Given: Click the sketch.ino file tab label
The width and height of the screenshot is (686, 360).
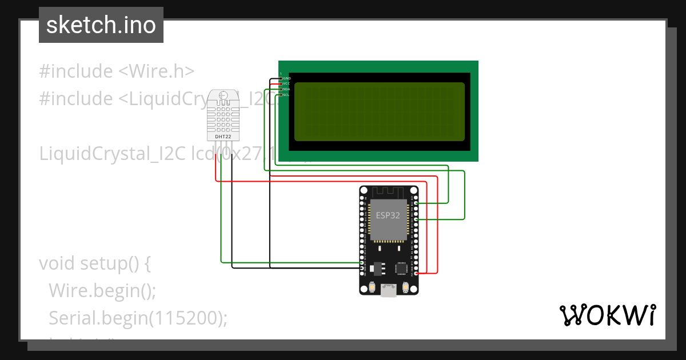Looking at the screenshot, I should pyautogui.click(x=101, y=25).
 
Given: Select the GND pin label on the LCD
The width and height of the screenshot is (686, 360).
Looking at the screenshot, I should pyautogui.click(x=287, y=78).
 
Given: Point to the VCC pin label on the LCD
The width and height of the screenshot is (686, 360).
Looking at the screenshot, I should pyautogui.click(x=287, y=83).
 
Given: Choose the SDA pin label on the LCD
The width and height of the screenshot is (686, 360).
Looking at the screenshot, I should pyautogui.click(x=287, y=89).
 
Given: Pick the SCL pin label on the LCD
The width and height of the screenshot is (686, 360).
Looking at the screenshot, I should pyautogui.click(x=286, y=95).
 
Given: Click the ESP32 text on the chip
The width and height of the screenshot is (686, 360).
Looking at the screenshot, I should pyautogui.click(x=388, y=215).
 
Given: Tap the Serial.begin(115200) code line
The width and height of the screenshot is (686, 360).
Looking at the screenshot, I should pyautogui.click(x=138, y=318).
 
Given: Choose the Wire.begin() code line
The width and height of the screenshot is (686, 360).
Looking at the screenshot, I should pyautogui.click(x=102, y=290).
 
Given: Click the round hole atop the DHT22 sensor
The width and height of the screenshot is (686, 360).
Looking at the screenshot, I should pyautogui.click(x=222, y=95).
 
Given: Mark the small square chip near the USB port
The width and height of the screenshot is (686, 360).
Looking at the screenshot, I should pyautogui.click(x=402, y=267).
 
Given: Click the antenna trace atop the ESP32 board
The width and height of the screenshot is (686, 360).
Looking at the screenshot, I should pyautogui.click(x=389, y=193).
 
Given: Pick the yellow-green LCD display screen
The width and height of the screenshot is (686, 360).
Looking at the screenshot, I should pyautogui.click(x=380, y=111).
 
